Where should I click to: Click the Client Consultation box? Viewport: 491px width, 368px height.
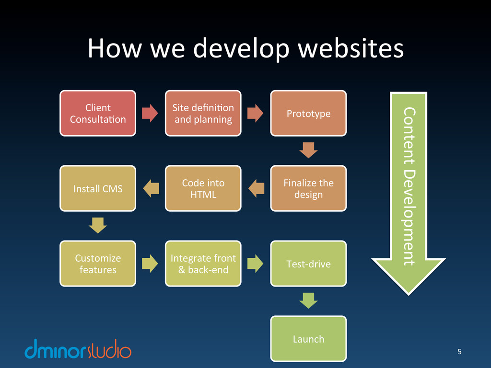[x=98, y=114]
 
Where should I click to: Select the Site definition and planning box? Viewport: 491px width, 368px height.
[x=203, y=114]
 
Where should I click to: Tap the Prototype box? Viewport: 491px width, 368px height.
[x=308, y=114]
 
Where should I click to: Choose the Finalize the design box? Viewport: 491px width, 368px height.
[x=308, y=188]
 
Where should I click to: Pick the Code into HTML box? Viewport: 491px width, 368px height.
[x=203, y=188]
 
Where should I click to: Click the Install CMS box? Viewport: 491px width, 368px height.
[x=98, y=188]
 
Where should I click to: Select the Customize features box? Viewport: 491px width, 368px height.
[x=98, y=264]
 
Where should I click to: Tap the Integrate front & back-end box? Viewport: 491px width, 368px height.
[x=203, y=264]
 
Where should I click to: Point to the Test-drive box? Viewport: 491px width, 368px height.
[x=308, y=264]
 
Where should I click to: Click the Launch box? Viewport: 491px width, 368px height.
[x=308, y=338]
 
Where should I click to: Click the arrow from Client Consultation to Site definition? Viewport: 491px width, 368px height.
[x=150, y=113]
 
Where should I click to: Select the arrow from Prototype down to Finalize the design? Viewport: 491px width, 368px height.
[x=308, y=150]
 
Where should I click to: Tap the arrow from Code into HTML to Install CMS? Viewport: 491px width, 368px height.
[x=151, y=188]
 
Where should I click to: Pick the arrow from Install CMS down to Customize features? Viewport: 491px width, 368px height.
[x=98, y=225]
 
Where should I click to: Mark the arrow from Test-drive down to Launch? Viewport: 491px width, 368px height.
[x=308, y=300]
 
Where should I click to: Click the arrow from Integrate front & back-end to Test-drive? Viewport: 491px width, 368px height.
[x=256, y=263]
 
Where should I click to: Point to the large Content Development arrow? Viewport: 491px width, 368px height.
[x=409, y=192]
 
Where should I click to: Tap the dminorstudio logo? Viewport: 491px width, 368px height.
[x=78, y=350]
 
